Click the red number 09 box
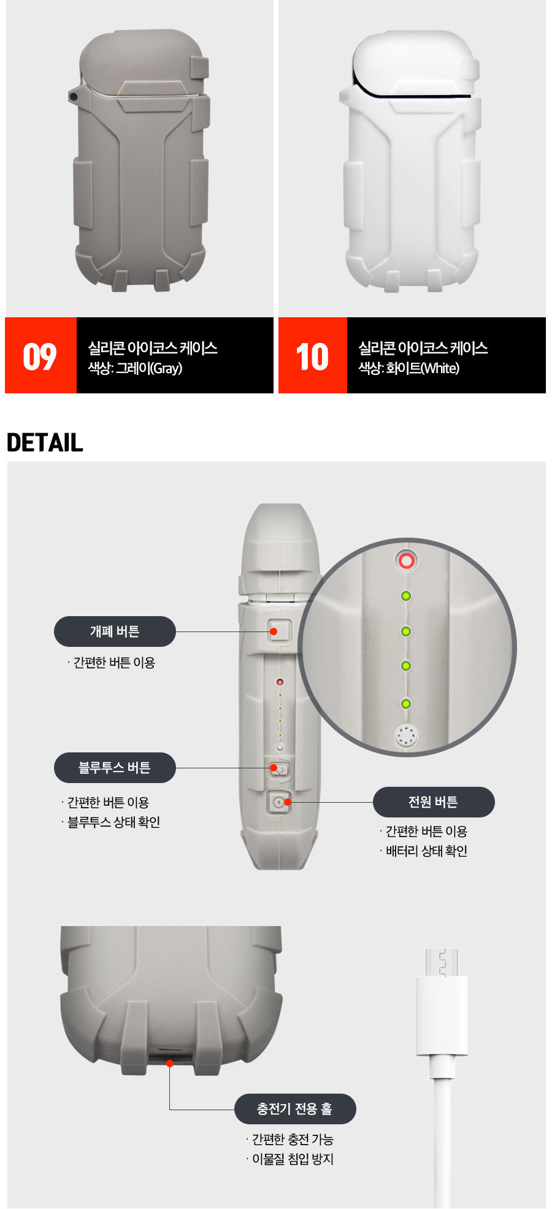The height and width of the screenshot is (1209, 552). [x=40, y=355]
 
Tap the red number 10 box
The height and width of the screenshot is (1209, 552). [x=313, y=355]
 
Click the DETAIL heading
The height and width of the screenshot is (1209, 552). [x=45, y=442]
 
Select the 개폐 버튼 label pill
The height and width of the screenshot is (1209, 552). [x=115, y=632]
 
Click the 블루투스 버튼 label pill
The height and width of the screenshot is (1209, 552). [x=115, y=768]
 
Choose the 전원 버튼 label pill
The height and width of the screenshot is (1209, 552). [x=434, y=802]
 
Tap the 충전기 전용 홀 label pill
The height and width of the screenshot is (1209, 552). [x=295, y=1109]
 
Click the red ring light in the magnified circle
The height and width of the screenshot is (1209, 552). [x=406, y=560]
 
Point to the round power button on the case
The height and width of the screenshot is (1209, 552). [x=279, y=802]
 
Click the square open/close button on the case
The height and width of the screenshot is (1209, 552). [x=279, y=631]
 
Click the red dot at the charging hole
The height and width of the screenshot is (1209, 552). [x=170, y=1063]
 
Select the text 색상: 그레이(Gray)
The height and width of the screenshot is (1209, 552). [x=135, y=368]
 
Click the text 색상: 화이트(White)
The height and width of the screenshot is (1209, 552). [x=408, y=368]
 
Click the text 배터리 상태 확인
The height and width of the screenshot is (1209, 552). [x=426, y=851]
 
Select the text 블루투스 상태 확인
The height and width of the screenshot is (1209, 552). [x=113, y=822]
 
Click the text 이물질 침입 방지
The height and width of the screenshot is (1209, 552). [x=293, y=1159]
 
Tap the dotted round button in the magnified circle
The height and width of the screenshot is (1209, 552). [x=405, y=735]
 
